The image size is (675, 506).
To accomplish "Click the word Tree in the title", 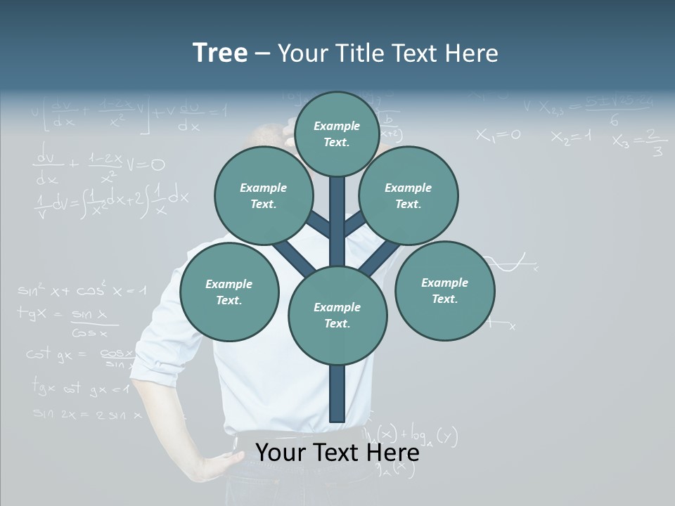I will pos(220,53).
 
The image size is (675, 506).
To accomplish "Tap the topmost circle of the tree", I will pos(337,134).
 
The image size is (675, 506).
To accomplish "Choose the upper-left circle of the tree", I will pos(263,196).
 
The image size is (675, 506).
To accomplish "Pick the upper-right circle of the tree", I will pos(409,196).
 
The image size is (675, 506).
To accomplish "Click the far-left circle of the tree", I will pos(229,292).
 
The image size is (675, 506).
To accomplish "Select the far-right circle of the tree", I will pos(444,290).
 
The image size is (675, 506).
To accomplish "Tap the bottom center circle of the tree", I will pos(337,316).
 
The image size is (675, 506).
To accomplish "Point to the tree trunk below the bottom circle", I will pos(337,394).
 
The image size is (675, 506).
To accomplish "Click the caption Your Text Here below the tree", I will pos(337,453).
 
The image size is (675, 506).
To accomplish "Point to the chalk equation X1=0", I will pos(498,135).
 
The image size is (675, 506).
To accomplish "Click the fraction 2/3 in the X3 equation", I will pos(655,142).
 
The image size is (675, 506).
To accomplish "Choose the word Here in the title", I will pos(470,53).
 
